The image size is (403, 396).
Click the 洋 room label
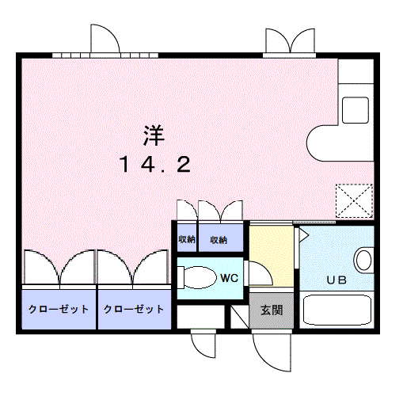154,135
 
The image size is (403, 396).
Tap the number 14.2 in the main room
155,164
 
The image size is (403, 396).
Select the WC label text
230,278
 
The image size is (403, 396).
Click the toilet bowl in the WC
196,277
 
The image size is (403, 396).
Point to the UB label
336,280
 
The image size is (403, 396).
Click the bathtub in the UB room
337,310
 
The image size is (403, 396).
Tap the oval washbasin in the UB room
363,260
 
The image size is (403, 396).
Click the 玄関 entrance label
272,310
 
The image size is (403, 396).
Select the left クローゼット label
59,309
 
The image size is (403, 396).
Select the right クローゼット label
134,309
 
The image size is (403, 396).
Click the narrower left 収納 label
187,239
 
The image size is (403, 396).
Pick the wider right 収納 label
219,240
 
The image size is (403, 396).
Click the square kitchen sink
355,110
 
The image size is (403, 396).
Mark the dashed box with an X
354,200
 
